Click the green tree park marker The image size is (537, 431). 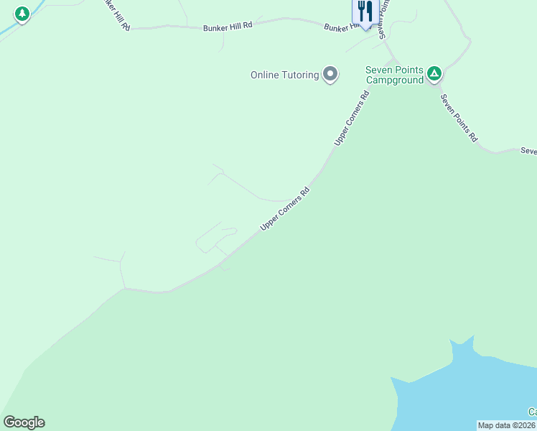coord(22,14)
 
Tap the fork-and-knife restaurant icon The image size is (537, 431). coord(365,11)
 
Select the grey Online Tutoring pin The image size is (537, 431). coord(330,74)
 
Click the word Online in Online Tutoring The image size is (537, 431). coord(265,75)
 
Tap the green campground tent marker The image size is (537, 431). coord(434,73)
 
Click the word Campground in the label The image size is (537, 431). coord(394,80)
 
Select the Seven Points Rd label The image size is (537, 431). coord(459,118)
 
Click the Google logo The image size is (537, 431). coord(24,422)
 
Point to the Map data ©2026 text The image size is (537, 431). coord(506,425)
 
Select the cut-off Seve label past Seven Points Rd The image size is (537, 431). coord(528,151)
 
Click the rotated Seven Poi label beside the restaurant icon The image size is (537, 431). coord(383,19)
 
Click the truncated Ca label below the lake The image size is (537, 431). coord(532,412)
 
